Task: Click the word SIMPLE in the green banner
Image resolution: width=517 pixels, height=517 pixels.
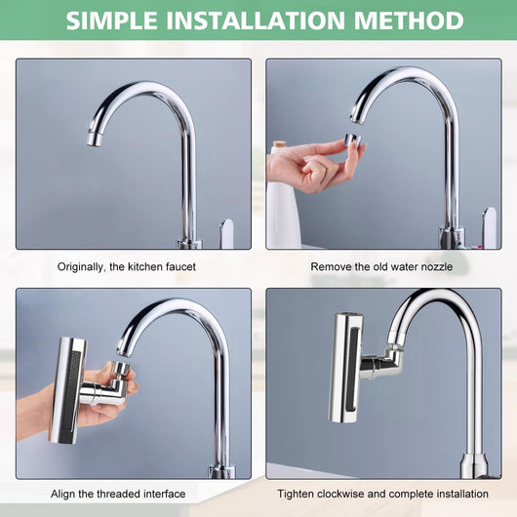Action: pyautogui.click(x=112, y=20)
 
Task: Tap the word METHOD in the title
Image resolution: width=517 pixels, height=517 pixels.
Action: pyautogui.click(x=409, y=20)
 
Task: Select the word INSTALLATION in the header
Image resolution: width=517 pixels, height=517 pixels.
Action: pyautogui.click(x=256, y=20)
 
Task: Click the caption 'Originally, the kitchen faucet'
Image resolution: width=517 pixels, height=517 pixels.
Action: pyautogui.click(x=127, y=266)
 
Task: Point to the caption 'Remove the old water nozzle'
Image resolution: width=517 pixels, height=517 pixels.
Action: pyautogui.click(x=381, y=266)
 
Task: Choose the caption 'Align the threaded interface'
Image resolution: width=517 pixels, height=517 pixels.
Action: pyautogui.click(x=118, y=494)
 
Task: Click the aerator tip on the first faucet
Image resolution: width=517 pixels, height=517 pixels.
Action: pyautogui.click(x=95, y=139)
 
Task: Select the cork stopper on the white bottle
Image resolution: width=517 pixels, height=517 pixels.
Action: pyautogui.click(x=279, y=144)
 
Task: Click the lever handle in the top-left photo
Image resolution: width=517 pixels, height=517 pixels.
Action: pyautogui.click(x=227, y=233)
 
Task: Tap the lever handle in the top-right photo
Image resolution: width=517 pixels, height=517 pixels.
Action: pyautogui.click(x=489, y=227)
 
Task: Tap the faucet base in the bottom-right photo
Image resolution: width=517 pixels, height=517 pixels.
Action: pyautogui.click(x=474, y=465)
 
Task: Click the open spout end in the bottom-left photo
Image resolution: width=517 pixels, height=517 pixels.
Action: pyautogui.click(x=124, y=350)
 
